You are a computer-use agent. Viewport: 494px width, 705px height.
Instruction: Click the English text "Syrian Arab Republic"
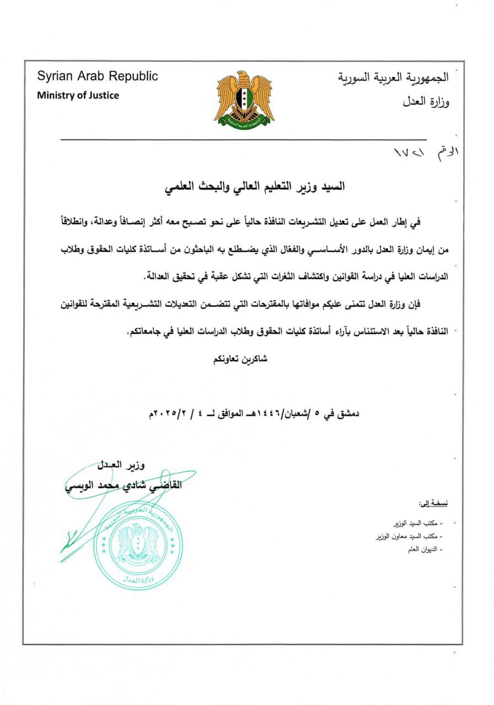pos(98,77)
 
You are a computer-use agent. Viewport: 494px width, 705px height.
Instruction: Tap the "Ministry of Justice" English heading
pos(78,95)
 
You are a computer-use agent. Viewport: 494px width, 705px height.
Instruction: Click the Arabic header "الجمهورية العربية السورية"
pos(393,78)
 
